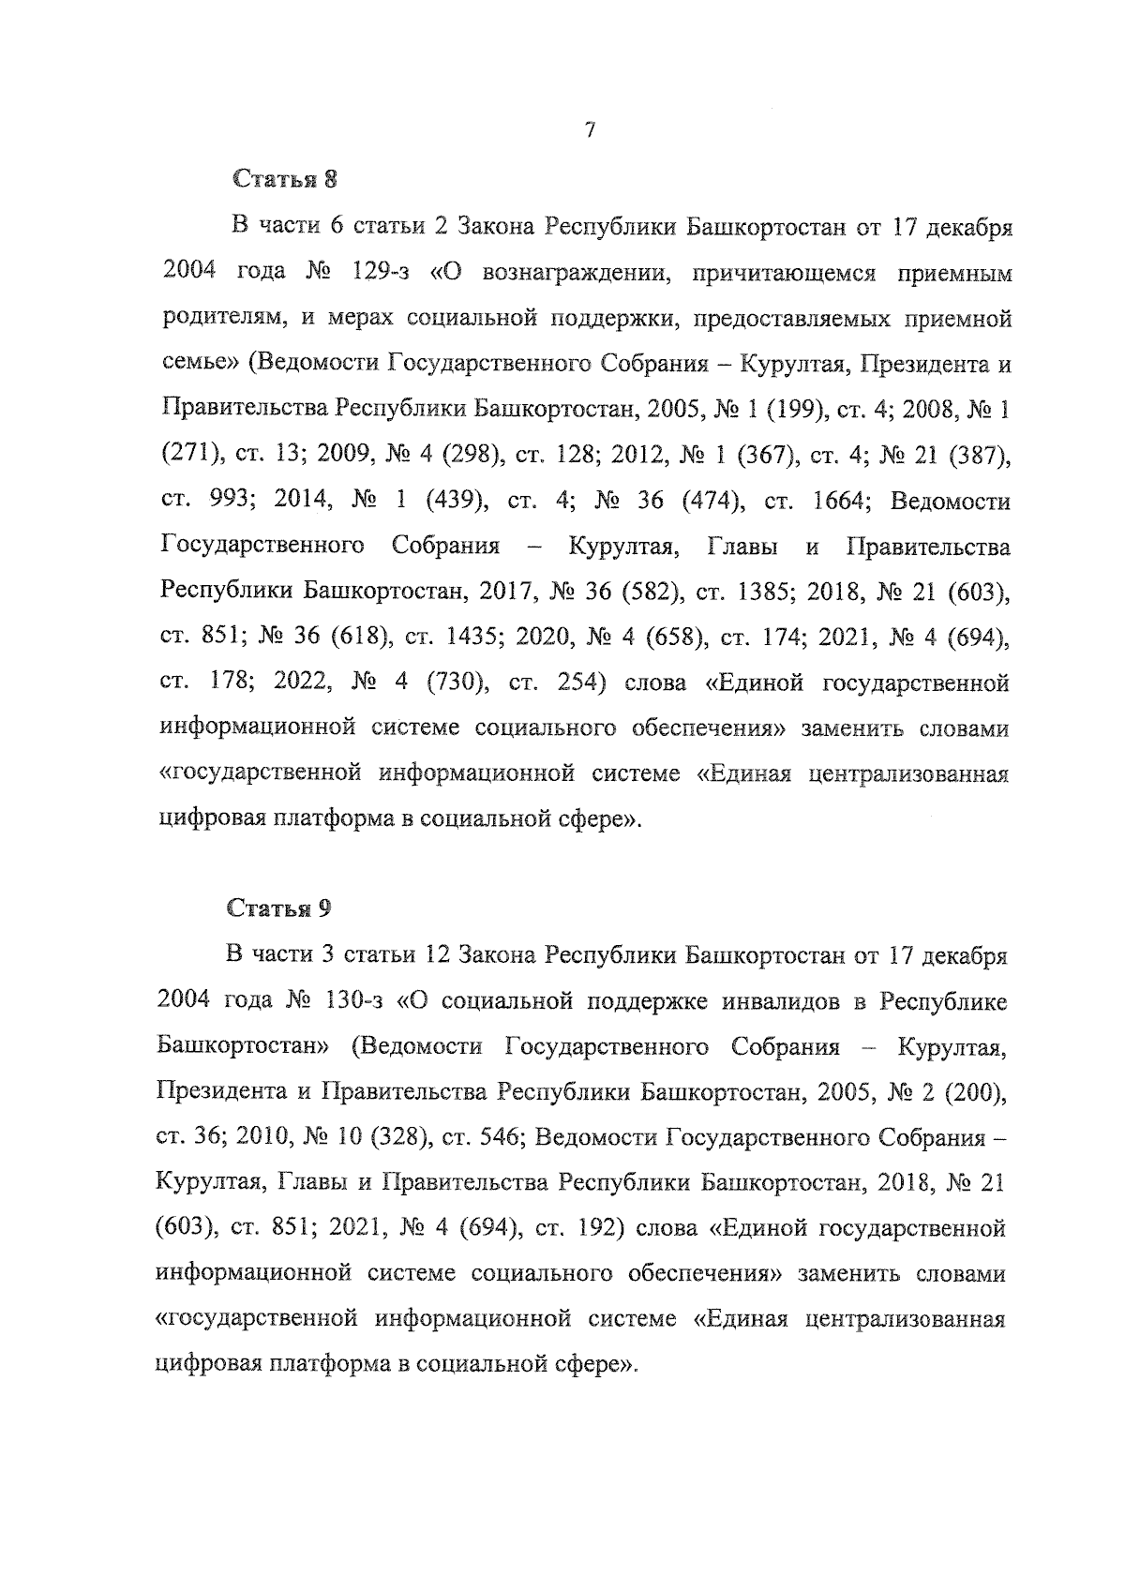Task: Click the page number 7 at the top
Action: click(589, 131)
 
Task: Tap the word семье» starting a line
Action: click(192, 365)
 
